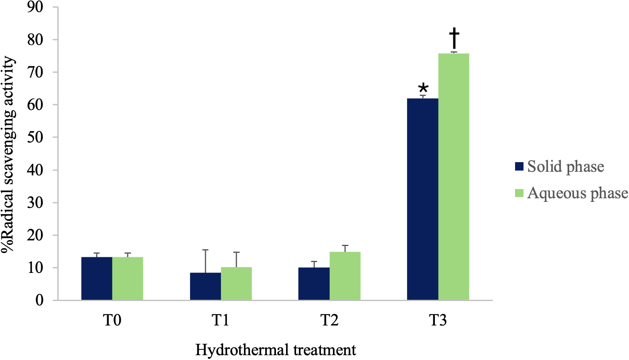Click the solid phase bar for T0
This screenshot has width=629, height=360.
pos(97,279)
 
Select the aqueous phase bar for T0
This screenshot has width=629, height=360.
pos(128,279)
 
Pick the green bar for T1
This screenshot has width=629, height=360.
pos(236,283)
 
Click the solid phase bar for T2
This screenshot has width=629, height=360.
pos(314,284)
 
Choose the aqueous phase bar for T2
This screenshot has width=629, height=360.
pos(345,276)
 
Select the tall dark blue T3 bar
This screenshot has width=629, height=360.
pos(422,199)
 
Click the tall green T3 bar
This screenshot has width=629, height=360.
pos(454,177)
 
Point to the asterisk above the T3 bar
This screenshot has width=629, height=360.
pos(423,89)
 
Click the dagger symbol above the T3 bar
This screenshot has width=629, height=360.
pos(454,38)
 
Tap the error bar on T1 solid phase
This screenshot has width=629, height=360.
pos(205,261)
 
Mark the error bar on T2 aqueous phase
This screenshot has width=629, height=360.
pos(345,248)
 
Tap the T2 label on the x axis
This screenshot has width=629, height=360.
pos(329,321)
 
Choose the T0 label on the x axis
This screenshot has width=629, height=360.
pos(112,321)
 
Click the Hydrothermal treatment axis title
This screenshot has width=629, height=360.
pos(276,350)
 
